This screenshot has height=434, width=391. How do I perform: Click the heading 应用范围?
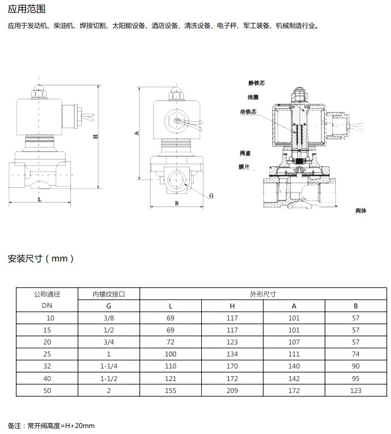[x=27, y=9]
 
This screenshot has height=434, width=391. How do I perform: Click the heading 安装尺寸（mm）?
[x=41, y=259]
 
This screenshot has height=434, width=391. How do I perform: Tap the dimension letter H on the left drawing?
[x=95, y=136]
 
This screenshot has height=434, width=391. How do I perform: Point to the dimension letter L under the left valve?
[x=40, y=199]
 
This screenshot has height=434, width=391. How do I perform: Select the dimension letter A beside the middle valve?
[x=136, y=133]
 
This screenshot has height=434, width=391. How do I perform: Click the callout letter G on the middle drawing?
[x=211, y=195]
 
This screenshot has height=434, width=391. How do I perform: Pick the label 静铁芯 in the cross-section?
[x=257, y=83]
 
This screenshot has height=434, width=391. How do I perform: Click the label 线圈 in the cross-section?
[x=253, y=97]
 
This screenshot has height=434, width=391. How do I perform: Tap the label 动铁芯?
[x=248, y=111]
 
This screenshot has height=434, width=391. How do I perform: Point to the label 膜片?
[x=244, y=167]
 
